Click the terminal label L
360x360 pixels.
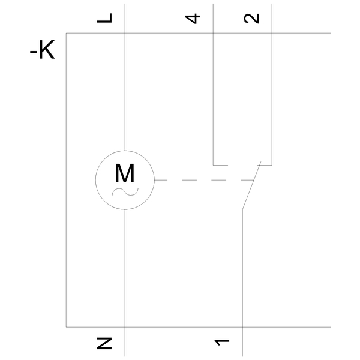click(104, 18)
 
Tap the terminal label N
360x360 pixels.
click(104, 343)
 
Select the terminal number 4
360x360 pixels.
click(193, 19)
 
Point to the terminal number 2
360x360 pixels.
click(251, 19)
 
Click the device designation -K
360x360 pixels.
click(43, 50)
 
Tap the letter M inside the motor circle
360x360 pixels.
click(125, 173)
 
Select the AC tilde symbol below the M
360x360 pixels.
click(125, 192)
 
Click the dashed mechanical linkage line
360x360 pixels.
click(204, 180)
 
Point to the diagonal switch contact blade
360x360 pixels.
click(252, 185)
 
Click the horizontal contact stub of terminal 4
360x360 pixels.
click(220, 165)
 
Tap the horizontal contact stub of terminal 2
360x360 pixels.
click(265, 165)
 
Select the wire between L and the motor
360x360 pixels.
click(125, 77)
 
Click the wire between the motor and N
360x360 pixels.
click(125, 283)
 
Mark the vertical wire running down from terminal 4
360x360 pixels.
click(213, 84)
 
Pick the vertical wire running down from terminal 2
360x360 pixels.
click(272, 84)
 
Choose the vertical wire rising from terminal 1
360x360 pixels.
click(242, 283)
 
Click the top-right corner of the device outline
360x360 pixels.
click(331, 33)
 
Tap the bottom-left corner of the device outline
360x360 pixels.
click(66, 327)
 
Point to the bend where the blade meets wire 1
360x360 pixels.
click(242, 209)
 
